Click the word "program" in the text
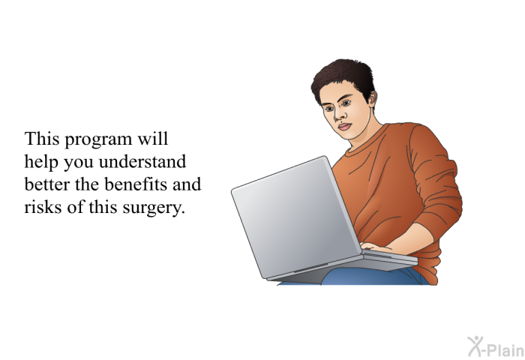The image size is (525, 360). tap(98, 140)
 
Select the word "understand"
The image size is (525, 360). tap(142, 161)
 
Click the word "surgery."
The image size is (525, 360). tap(154, 208)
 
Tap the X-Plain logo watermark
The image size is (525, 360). tap(496, 346)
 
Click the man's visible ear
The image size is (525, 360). tap(371, 98)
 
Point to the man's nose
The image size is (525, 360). tap(340, 114)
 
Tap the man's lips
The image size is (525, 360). tap(344, 127)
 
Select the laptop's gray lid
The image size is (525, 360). tap(294, 217)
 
